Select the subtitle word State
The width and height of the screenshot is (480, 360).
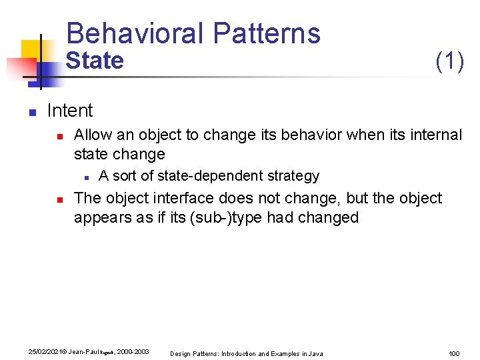[x=95, y=61]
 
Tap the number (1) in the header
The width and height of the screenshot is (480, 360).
[x=449, y=61]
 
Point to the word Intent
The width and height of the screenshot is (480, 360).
[x=70, y=111]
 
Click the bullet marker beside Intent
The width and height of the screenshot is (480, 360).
[x=31, y=112]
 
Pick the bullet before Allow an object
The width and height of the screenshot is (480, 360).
[x=59, y=136]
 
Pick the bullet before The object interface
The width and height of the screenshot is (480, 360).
[x=59, y=199]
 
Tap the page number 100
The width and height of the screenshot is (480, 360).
[x=454, y=353]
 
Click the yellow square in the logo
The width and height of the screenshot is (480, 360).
[x=31, y=51]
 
